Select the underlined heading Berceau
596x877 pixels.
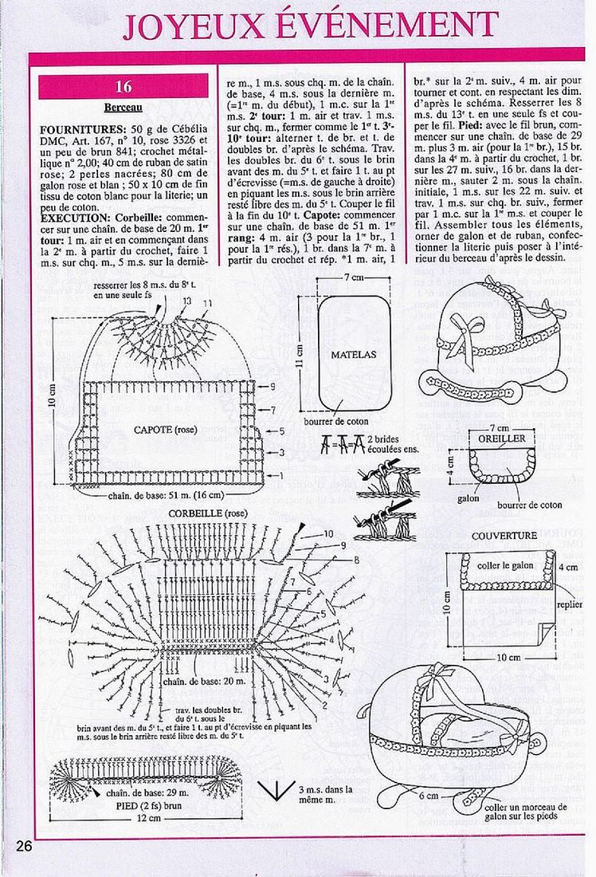[x=123, y=108]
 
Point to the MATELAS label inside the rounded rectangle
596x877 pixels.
[x=353, y=354]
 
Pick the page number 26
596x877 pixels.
[x=22, y=847]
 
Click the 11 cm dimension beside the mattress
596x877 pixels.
[x=300, y=351]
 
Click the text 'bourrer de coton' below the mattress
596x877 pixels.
[x=335, y=421]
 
